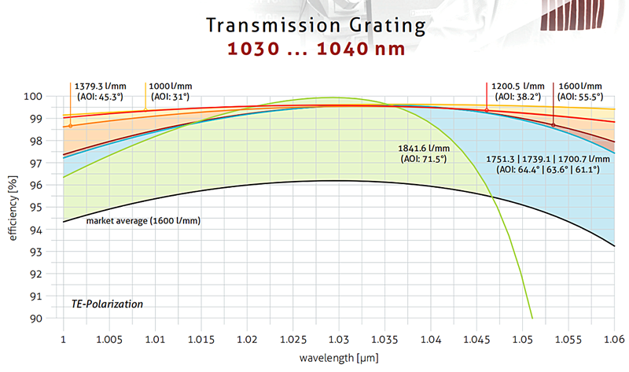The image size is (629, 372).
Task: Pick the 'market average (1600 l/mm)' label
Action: (x=143, y=221)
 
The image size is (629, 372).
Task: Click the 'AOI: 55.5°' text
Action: (x=580, y=97)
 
